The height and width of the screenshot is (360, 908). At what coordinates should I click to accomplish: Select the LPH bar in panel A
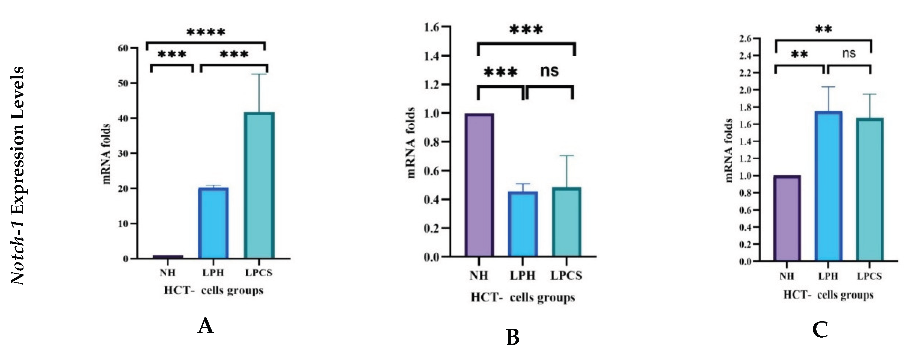tap(213, 223)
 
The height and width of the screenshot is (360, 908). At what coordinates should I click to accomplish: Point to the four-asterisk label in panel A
tap(206, 33)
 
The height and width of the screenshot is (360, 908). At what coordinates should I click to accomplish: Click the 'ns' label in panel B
tap(550, 71)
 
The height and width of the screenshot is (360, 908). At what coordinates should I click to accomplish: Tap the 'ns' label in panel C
tap(849, 54)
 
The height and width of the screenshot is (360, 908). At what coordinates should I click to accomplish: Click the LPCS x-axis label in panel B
tap(566, 276)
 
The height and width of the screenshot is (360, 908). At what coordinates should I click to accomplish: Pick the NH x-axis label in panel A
tap(167, 273)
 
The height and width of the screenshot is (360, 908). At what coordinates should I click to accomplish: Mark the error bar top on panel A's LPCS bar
tap(259, 74)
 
